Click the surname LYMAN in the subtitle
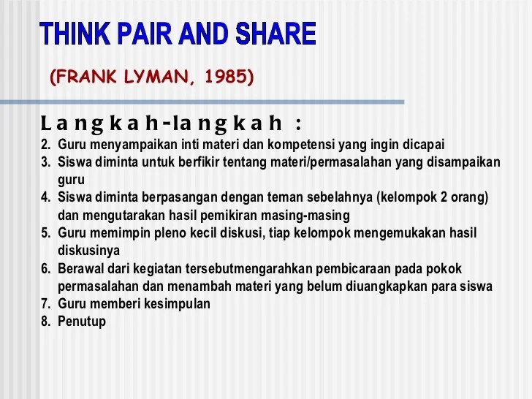(x=155, y=75)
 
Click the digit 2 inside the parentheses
(x=444, y=197)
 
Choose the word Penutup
(x=82, y=322)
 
